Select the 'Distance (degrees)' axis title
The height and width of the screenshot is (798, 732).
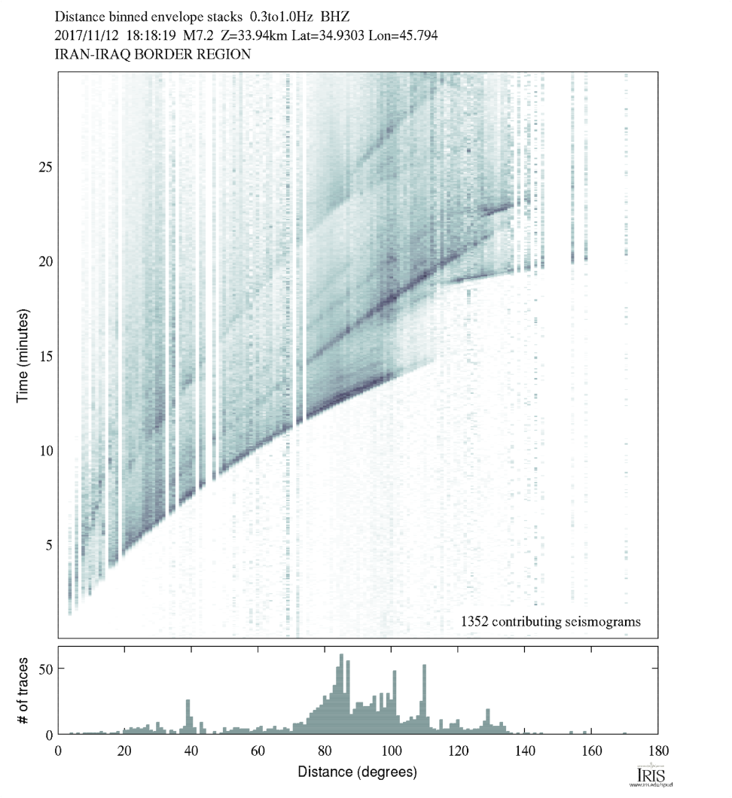(x=357, y=772)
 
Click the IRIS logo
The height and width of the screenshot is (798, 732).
(x=648, y=776)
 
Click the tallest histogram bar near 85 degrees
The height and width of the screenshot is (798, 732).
(x=341, y=693)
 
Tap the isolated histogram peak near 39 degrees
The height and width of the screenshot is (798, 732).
(x=188, y=716)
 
